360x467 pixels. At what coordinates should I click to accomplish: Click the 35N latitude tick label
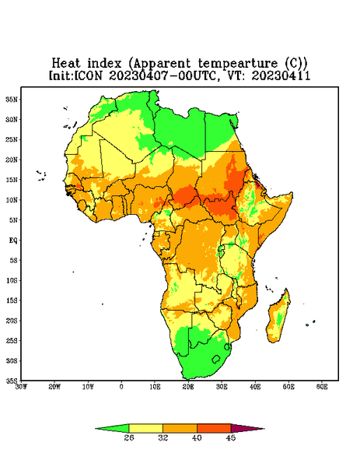point(12,100)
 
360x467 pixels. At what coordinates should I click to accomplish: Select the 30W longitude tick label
point(21,387)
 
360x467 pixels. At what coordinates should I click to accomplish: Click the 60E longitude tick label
point(322,387)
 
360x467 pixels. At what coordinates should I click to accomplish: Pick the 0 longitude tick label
point(121,387)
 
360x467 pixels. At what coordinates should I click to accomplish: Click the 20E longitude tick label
point(188,387)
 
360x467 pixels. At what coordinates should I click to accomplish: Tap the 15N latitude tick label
point(12,180)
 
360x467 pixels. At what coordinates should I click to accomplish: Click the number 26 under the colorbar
point(129,437)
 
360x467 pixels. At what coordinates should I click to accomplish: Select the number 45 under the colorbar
point(231,437)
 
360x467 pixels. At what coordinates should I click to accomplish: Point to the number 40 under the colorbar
point(197,437)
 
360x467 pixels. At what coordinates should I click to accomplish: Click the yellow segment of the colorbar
point(145,428)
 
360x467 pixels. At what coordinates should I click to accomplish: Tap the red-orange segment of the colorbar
point(214,428)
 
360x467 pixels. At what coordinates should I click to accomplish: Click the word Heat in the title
point(66,64)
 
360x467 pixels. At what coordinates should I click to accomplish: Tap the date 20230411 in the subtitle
point(281,75)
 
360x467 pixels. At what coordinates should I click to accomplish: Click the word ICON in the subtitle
point(88,75)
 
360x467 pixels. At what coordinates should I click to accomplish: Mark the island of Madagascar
point(279,318)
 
